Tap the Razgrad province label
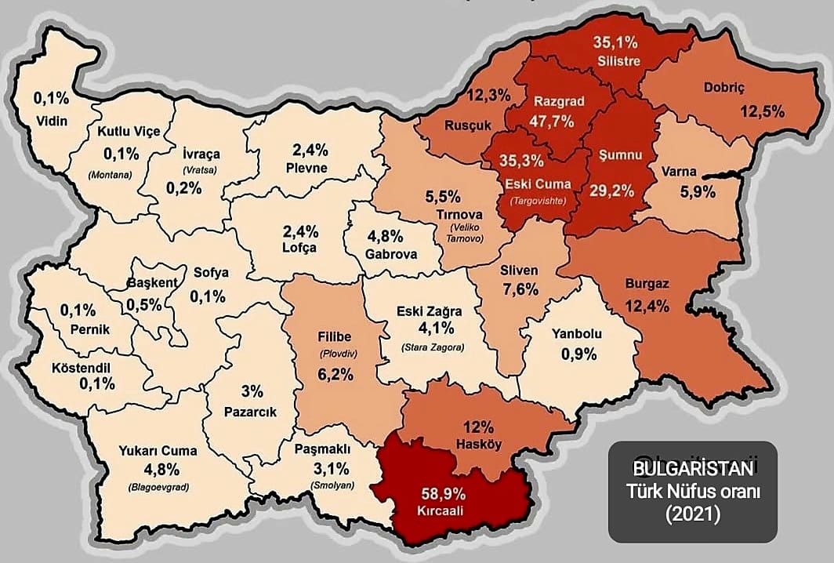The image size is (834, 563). click(x=555, y=102)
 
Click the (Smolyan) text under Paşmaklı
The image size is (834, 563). click(x=334, y=485)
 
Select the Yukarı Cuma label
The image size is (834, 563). click(x=158, y=451)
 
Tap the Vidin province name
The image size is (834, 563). click(x=53, y=121)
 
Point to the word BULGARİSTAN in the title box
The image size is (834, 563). click(x=694, y=468)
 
